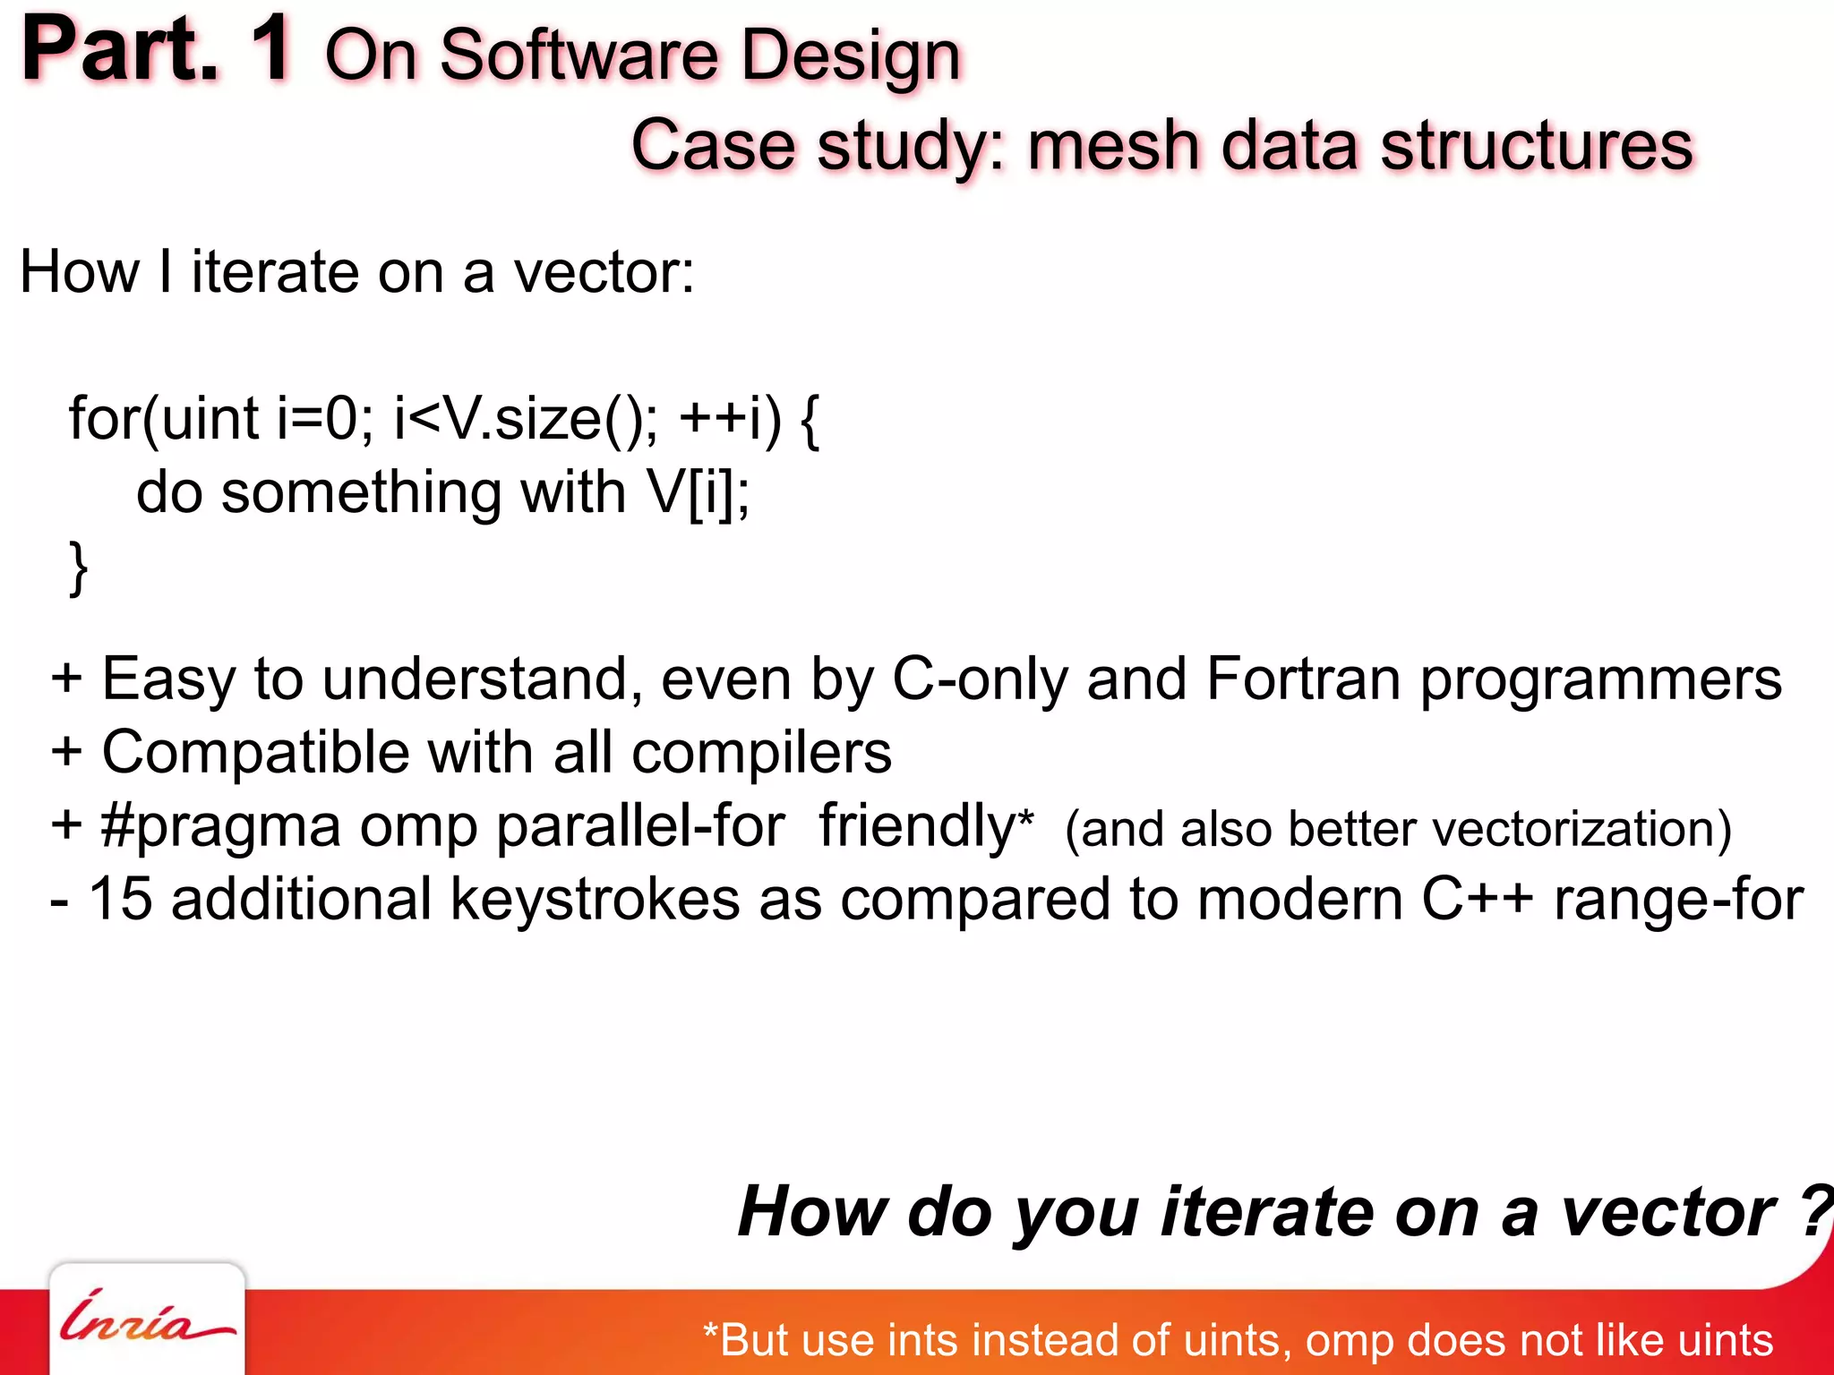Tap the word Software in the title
click(x=579, y=56)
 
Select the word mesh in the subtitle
click(x=1113, y=145)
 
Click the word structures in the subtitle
click(x=1537, y=145)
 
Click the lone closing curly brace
click(x=79, y=568)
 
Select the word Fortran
click(x=1303, y=679)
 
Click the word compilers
click(x=761, y=752)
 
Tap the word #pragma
click(x=220, y=825)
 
